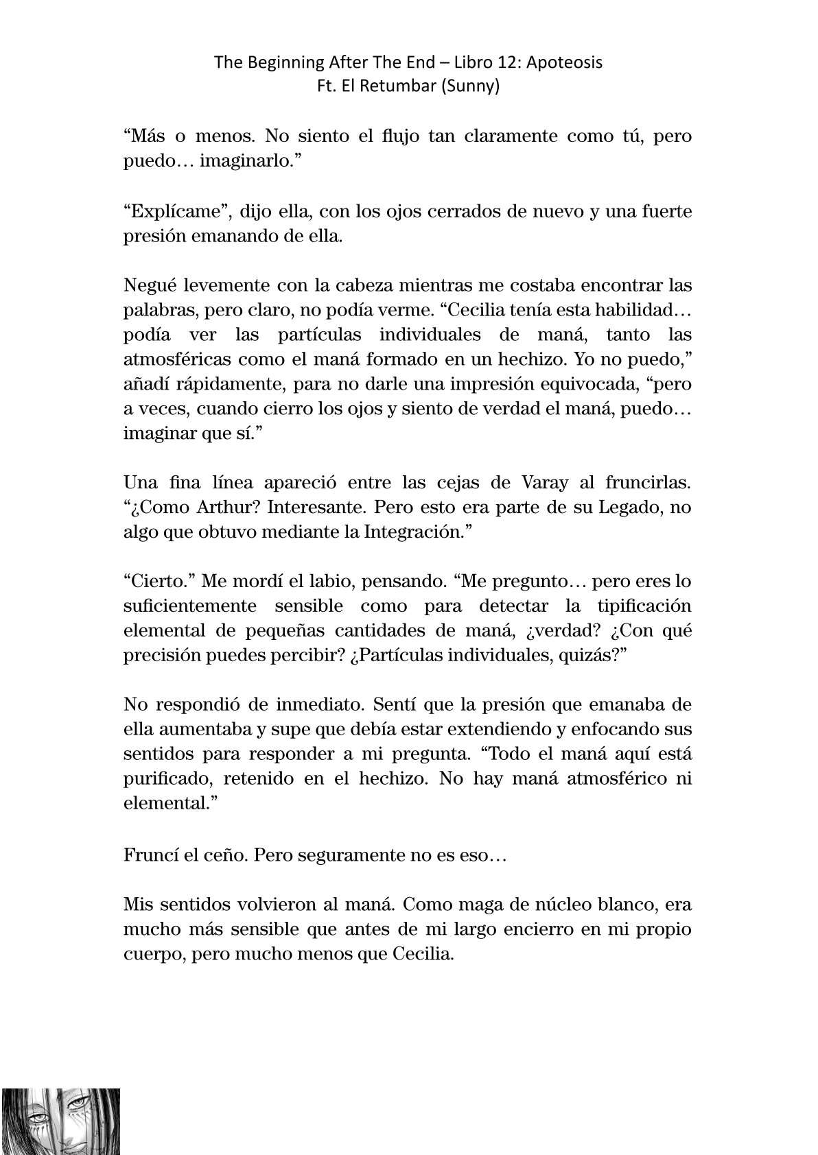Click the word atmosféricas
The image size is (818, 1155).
pos(176,359)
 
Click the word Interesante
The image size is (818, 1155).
pos(313,508)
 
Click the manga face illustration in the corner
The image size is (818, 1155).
pos(60,1121)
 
